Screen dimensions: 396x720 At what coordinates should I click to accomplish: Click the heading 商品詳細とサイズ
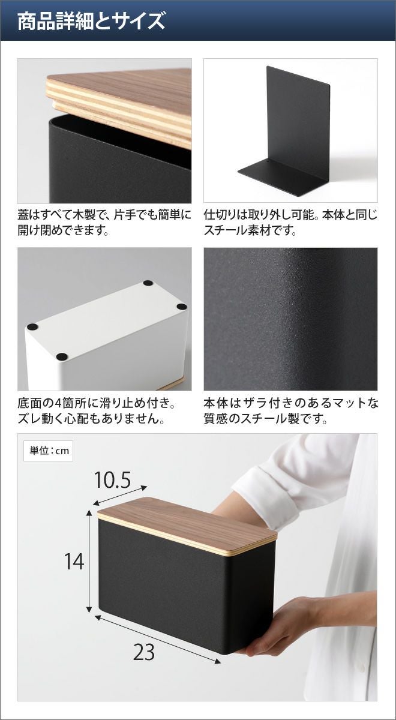(x=91, y=21)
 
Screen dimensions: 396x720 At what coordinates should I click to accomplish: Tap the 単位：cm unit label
(x=49, y=451)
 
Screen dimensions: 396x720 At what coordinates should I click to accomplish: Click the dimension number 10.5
(x=113, y=480)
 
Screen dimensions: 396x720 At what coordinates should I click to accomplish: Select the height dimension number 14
(x=74, y=562)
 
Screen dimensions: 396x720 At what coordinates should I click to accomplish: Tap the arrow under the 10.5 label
(x=120, y=495)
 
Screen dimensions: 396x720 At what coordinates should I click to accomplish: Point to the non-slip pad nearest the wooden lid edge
(x=62, y=356)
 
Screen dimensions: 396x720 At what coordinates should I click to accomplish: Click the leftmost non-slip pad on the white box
(x=32, y=327)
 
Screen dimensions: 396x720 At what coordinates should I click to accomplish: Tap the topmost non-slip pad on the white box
(x=148, y=283)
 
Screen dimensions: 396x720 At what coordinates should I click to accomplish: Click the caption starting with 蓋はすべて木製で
(x=104, y=223)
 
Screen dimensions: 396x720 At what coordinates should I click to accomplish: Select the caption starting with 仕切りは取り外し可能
(x=290, y=223)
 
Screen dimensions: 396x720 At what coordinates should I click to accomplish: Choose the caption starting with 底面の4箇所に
(x=97, y=411)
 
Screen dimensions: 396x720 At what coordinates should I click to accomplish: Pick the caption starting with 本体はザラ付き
(x=291, y=411)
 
